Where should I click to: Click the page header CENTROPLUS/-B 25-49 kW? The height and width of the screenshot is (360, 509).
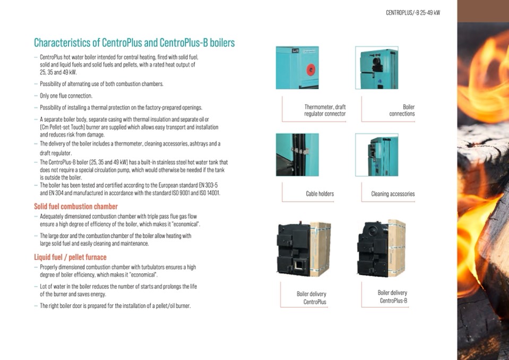pos(413,13)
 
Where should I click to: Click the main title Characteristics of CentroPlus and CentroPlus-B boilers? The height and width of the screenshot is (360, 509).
pos(134,42)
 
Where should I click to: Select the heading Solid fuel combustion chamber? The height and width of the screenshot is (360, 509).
pos(76,207)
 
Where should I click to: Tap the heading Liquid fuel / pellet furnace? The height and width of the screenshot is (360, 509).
pos(71,257)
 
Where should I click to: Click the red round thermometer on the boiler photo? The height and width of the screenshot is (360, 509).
pos(310,70)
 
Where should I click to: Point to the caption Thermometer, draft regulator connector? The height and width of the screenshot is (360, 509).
pos(325,110)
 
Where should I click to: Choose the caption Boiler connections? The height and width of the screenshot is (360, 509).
pos(402,110)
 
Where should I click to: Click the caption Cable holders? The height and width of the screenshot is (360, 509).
pos(320,194)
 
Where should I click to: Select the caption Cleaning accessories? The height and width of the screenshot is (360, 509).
pos(393,194)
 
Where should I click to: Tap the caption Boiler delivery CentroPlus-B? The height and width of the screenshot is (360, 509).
pos(392,297)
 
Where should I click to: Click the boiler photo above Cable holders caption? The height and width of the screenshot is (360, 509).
pos(297,155)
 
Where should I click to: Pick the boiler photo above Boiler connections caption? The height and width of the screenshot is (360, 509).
pos(377,67)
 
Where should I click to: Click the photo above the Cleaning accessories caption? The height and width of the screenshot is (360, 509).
pos(377,155)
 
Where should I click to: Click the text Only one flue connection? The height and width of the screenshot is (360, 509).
pos(66,96)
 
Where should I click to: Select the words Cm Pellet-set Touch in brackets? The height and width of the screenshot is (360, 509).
pos(62,127)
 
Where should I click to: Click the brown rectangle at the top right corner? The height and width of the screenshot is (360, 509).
pos(483,11)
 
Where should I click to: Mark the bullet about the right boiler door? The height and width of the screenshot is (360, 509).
pos(115,306)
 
